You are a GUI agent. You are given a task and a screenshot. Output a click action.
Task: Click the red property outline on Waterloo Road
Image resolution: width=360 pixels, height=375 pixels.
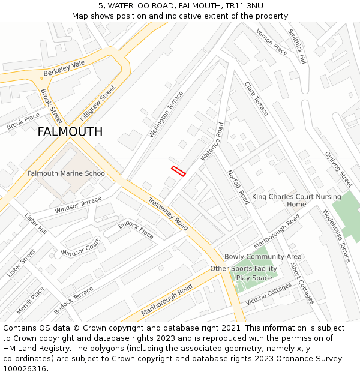tap(178, 171)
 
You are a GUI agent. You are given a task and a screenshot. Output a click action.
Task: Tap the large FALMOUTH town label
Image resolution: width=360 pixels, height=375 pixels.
tap(70, 132)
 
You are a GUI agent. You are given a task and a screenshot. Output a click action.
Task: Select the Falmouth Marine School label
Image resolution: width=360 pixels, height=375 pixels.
tap(67, 173)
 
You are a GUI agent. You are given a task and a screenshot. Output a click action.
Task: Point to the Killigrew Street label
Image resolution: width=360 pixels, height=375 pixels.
tap(97, 103)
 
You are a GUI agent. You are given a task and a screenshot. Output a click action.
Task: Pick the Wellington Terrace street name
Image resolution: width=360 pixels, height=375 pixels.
tap(166, 114)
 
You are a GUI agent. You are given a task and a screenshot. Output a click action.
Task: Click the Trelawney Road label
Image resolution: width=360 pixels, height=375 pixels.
tap(168, 214)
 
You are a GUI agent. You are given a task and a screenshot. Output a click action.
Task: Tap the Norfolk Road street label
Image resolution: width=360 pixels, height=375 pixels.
tap(238, 187)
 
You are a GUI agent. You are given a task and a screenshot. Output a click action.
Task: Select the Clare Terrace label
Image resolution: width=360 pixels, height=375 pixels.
tap(256, 98)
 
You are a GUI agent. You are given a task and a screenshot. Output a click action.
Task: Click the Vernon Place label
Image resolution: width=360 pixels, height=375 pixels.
tap(272, 41)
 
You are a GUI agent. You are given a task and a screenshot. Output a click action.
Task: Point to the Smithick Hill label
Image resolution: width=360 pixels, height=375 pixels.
tap(297, 47)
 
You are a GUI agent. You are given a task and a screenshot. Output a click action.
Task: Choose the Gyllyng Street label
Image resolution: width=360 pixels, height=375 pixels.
tap(338, 169)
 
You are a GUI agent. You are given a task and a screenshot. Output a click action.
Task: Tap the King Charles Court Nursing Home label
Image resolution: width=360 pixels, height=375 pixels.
tap(296, 200)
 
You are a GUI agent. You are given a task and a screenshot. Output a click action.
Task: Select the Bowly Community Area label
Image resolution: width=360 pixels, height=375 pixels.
tap(263, 257)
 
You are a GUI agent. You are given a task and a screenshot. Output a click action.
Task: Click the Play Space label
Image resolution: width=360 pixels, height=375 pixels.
tap(254, 278)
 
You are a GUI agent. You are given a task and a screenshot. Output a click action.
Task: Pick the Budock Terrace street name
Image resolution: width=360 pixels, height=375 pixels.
tap(73, 301)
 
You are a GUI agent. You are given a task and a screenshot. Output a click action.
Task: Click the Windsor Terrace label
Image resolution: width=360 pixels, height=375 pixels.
tap(78, 205)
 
